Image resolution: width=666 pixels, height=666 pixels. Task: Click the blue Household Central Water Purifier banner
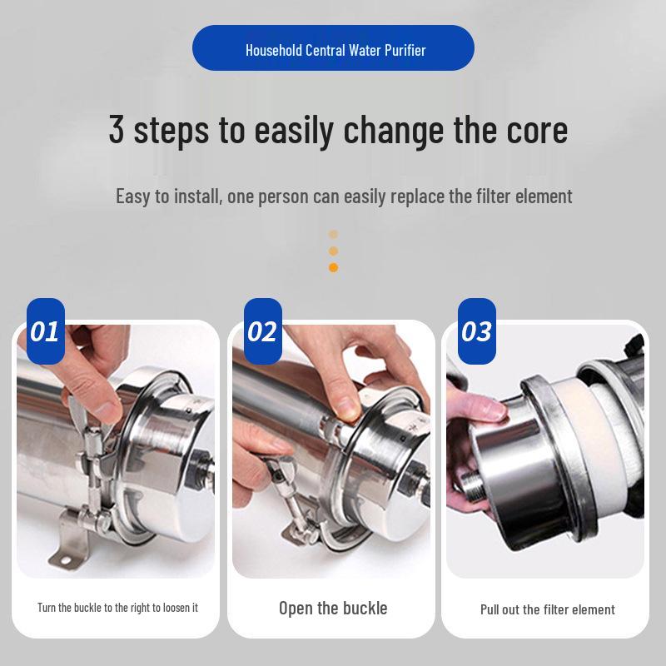point(333,48)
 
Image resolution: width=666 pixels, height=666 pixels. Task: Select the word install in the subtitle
point(187,196)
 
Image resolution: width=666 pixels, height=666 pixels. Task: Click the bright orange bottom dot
point(333,267)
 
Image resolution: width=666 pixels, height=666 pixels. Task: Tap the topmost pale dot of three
point(333,235)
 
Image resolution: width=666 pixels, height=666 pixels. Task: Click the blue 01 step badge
point(45,331)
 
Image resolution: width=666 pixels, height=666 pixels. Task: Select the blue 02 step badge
point(261,331)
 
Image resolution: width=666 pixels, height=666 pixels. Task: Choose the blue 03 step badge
point(476,331)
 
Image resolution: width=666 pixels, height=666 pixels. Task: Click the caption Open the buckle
point(333,608)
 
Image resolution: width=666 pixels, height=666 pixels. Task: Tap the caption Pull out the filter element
point(547,609)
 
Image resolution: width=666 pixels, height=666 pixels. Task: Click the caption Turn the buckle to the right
point(117,608)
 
